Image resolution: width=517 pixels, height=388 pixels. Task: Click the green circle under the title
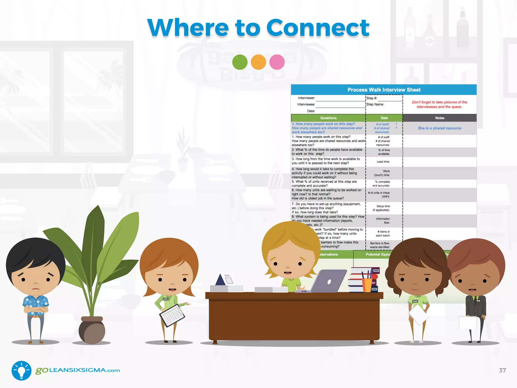(240, 62)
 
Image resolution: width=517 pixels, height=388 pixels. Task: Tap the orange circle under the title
(258, 62)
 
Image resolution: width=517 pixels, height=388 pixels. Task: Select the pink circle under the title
(277, 62)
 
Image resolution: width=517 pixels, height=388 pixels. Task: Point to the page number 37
(502, 370)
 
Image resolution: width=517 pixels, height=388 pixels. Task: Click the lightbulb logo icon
(21, 370)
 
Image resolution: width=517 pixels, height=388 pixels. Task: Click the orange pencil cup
(367, 285)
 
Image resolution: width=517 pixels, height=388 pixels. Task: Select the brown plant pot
(92, 330)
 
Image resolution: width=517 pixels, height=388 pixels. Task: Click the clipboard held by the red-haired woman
(172, 315)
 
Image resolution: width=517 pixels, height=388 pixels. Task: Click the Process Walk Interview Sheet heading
(384, 90)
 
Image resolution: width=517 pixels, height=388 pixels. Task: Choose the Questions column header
(328, 118)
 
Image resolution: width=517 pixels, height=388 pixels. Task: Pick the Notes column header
(440, 118)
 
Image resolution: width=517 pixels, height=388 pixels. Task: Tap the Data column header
(384, 118)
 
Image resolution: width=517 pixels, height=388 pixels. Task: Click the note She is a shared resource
(440, 128)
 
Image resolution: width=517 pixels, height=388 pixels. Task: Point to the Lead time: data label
(383, 162)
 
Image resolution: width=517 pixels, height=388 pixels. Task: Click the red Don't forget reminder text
(439, 105)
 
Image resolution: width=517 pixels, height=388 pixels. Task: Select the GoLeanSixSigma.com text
(78, 370)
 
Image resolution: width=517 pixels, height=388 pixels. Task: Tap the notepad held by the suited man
(468, 323)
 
